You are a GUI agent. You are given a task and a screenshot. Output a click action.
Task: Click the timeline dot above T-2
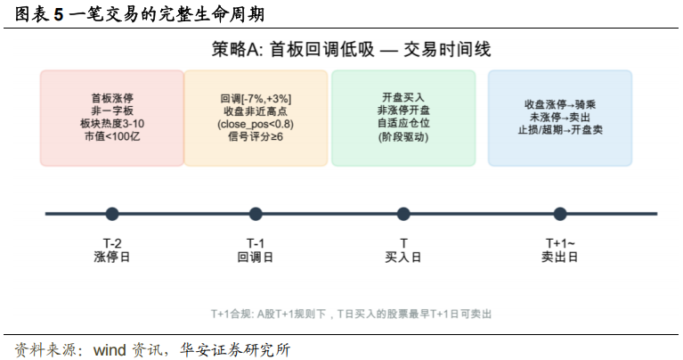point(112,214)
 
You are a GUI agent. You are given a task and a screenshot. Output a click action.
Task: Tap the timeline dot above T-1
point(256,214)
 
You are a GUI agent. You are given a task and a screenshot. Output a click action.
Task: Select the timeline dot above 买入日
point(403,214)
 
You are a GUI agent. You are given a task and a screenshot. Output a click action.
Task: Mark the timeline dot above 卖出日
point(560,214)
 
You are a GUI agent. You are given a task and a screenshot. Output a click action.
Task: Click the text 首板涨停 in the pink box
point(112,98)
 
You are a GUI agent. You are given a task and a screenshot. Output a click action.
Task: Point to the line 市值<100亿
point(112,138)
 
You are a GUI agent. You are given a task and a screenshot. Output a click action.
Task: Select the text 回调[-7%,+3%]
point(256,98)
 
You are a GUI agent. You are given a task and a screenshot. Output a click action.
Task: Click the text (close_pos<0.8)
point(256,125)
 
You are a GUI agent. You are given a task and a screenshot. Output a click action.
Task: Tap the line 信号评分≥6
point(256,138)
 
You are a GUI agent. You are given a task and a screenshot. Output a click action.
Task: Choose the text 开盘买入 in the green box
point(403,96)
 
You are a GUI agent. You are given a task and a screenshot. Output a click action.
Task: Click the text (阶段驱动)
point(403,138)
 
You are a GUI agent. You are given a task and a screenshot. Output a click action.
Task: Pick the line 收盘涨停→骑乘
point(560,104)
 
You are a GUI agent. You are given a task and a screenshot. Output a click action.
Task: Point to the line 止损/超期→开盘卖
point(560,130)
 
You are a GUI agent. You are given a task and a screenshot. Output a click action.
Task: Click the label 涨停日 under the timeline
point(112,257)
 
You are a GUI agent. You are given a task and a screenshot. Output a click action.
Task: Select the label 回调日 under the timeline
point(256,257)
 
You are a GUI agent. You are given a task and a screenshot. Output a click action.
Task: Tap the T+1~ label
point(560,242)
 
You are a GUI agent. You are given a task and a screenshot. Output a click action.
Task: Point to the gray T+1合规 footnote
point(351,315)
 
